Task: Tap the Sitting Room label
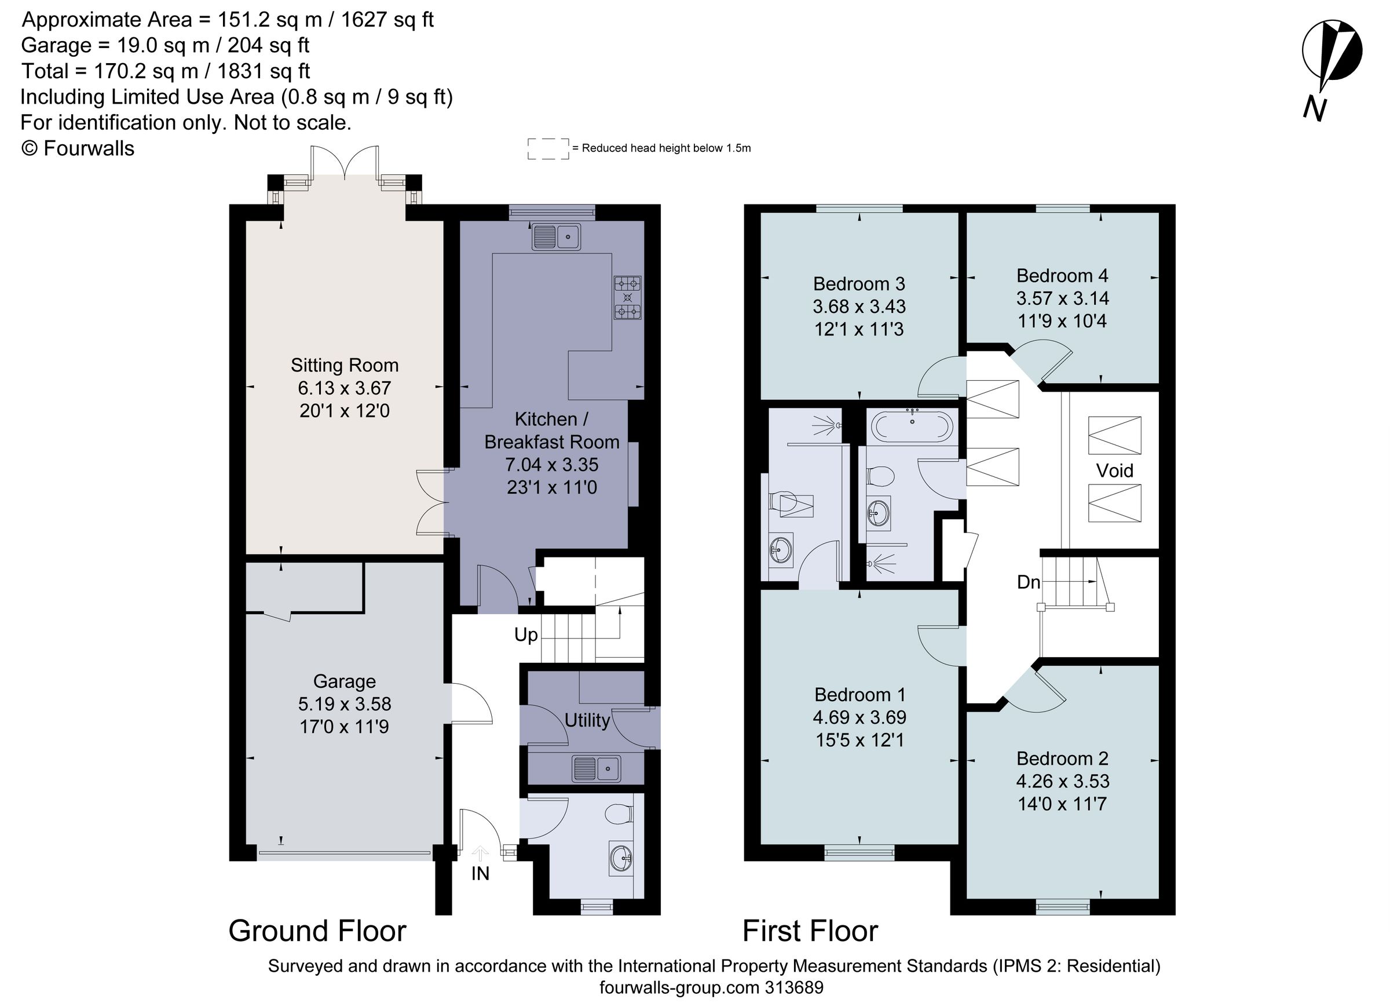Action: pos(345,366)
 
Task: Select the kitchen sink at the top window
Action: pos(556,236)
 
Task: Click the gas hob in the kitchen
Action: pos(628,297)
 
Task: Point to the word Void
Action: pos(1114,471)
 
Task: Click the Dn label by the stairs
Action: pos(1029,582)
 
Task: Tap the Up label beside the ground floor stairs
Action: pos(526,634)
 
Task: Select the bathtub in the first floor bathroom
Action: pos(913,426)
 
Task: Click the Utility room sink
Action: pos(596,768)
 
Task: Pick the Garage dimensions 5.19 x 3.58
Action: pos(345,704)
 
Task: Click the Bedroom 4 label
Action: pos(1062,276)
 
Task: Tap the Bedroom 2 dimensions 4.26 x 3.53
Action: pos(1062,781)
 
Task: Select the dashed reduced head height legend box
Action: pos(548,149)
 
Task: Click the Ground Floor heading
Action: pos(317,931)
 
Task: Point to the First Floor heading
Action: pos(810,931)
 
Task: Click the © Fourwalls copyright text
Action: pos(77,148)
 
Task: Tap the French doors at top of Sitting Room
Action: pos(345,163)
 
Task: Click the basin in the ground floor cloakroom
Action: pos(621,858)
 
